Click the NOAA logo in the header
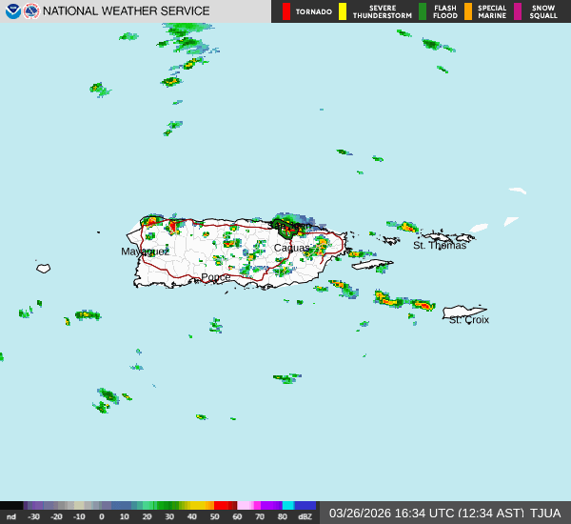click(x=12, y=11)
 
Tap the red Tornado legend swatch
click(x=286, y=11)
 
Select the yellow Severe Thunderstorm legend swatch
click(x=343, y=11)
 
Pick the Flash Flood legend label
click(x=444, y=11)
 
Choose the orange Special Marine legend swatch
click(x=468, y=11)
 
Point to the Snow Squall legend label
click(x=544, y=11)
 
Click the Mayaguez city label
click(x=145, y=252)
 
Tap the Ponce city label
click(x=215, y=277)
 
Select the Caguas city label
click(x=291, y=248)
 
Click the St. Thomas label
click(x=440, y=246)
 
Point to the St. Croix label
click(x=468, y=320)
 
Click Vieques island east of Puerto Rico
click(x=372, y=264)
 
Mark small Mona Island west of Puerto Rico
click(x=43, y=269)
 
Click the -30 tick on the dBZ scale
click(x=34, y=516)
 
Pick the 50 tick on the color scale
click(x=213, y=516)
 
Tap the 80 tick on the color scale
click(x=282, y=516)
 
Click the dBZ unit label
click(x=305, y=516)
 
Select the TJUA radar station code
click(x=545, y=513)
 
